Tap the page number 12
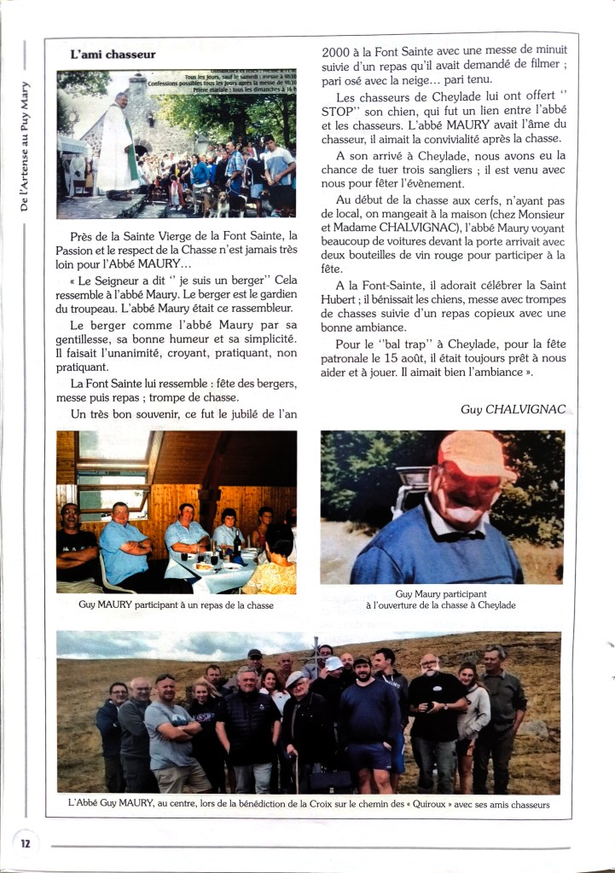26,843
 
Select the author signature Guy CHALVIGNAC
513,409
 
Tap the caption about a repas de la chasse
176,605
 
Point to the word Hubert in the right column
343,300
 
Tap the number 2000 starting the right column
339,52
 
